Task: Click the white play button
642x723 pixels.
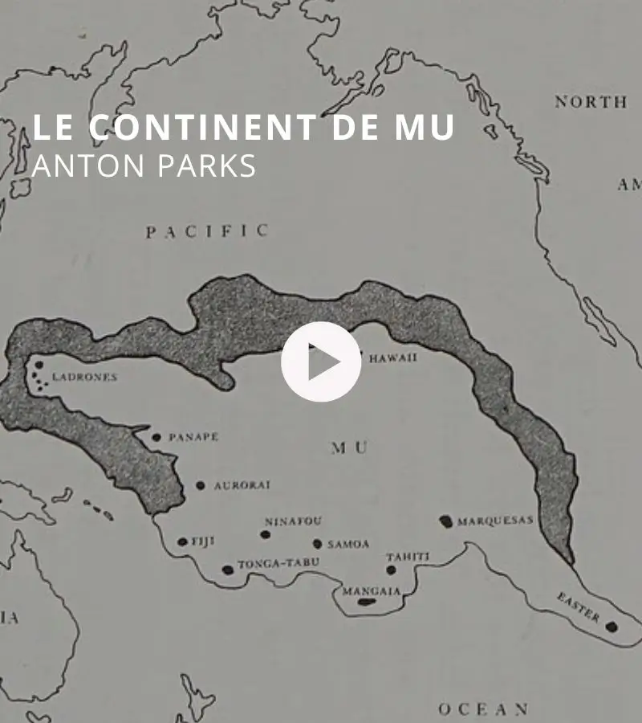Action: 321,361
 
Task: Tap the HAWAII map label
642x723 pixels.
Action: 392,358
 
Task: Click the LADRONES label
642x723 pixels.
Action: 84,377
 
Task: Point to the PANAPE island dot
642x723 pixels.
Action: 156,437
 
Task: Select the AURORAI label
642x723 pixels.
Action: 242,485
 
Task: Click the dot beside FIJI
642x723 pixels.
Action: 182,542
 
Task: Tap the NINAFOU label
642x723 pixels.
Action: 293,521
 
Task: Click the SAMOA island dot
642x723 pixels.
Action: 317,544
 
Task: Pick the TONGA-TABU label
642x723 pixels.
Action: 277,562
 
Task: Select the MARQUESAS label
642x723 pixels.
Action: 495,521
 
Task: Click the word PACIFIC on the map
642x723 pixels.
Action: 207,231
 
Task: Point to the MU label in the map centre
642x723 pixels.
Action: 349,448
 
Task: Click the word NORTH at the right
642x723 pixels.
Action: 591,102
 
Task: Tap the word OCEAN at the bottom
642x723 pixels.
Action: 484,709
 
